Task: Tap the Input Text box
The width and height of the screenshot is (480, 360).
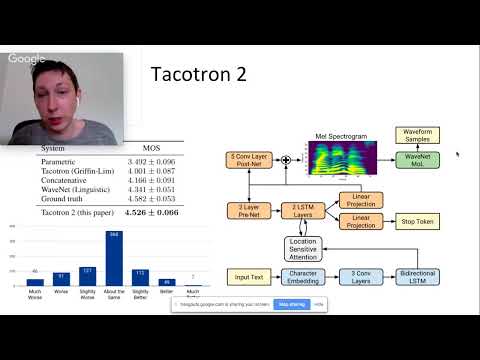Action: pyautogui.click(x=249, y=276)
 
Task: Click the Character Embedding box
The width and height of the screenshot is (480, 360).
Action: pyautogui.click(x=303, y=276)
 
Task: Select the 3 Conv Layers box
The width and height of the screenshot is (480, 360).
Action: pyautogui.click(x=362, y=276)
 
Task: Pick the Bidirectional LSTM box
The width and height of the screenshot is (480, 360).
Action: pyautogui.click(x=423, y=276)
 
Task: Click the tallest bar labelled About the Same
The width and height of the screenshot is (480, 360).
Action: pyautogui.click(x=113, y=259)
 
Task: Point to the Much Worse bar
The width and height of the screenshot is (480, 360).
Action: pyautogui.click(x=35, y=282)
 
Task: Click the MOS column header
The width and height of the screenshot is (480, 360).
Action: pyautogui.click(x=151, y=149)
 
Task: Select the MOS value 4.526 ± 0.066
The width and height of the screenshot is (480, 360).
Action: pyautogui.click(x=152, y=212)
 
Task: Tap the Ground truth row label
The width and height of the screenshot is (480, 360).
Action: pyautogui.click(x=65, y=199)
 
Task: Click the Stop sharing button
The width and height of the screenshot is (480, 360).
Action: pyautogui.click(x=293, y=303)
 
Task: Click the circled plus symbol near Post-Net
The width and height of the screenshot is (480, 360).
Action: pyautogui.click(x=285, y=159)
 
